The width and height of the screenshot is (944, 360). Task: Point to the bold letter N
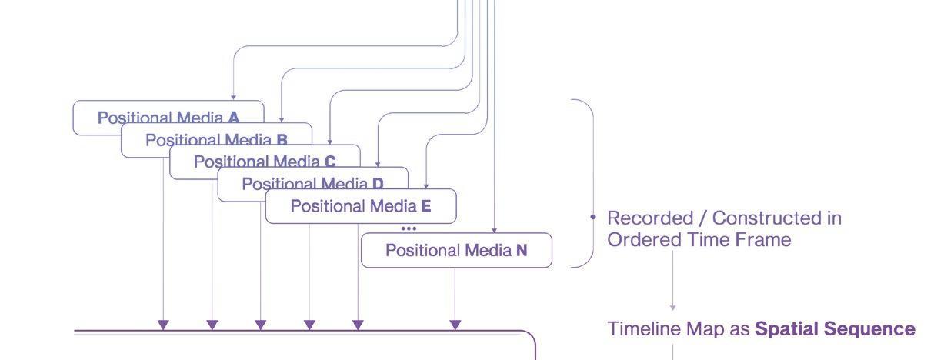[522, 250]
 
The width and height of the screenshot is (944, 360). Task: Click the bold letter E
[426, 206]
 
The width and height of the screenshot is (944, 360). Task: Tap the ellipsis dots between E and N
[409, 228]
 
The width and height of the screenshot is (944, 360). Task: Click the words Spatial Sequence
[835, 329]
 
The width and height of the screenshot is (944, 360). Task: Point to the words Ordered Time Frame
[699, 240]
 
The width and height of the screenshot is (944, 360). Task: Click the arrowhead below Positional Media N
[455, 325]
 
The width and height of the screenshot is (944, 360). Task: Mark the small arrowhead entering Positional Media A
[233, 97]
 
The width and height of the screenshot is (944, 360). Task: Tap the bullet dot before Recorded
[593, 218]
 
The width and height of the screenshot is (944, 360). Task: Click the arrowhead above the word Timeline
[673, 307]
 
